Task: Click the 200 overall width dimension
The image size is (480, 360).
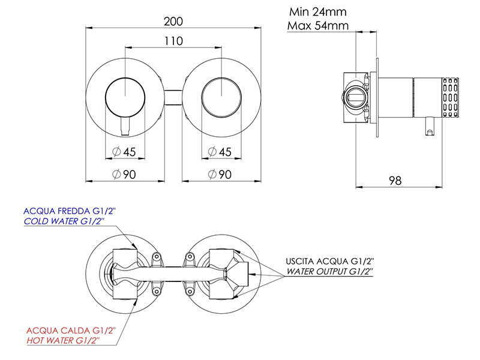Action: click(173, 22)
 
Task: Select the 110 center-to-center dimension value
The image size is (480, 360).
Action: click(173, 41)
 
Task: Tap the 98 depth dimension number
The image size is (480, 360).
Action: click(395, 181)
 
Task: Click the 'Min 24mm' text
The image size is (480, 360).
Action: click(318, 12)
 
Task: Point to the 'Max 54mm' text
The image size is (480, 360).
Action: click(318, 25)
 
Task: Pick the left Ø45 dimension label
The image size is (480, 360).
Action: click(124, 152)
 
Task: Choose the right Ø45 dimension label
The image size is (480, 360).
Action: click(220, 152)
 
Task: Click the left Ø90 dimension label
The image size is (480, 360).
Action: click(124, 174)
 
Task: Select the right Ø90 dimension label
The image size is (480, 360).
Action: click(220, 174)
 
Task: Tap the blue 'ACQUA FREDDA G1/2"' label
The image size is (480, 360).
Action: click(70, 211)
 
